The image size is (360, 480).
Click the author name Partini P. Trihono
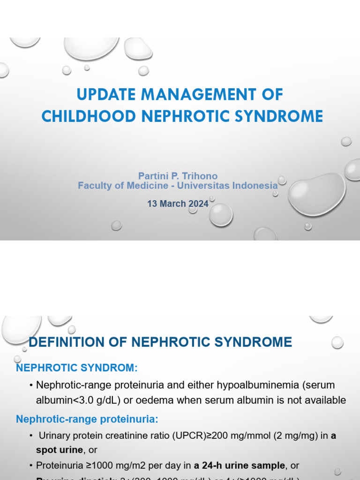pos(178,176)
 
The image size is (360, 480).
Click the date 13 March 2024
pos(178,204)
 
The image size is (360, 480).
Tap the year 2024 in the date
pos(198,204)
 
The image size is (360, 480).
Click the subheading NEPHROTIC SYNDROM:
pos(77,367)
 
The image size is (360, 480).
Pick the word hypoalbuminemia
pos(248,385)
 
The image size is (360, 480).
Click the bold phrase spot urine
pos(59,450)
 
